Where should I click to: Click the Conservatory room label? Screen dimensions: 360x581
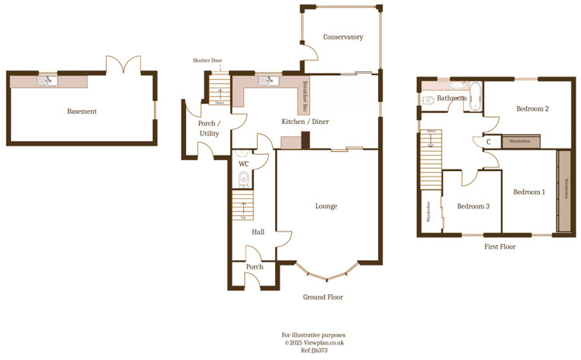pyautogui.click(x=343, y=37)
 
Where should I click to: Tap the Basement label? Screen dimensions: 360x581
pyautogui.click(x=81, y=111)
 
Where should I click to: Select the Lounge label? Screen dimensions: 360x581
pyautogui.click(x=326, y=206)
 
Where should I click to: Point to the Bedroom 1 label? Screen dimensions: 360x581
pyautogui.click(x=530, y=192)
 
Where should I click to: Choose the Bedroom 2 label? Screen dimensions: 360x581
pyautogui.click(x=532, y=109)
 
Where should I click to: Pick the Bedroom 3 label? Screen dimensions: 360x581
pyautogui.click(x=473, y=206)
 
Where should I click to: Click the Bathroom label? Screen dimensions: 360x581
pyautogui.click(x=451, y=99)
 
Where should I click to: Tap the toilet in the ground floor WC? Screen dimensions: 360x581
pyautogui.click(x=244, y=179)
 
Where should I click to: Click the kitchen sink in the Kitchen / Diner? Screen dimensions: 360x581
pyautogui.click(x=268, y=80)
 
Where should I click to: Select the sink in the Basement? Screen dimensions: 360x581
pyautogui.click(x=51, y=80)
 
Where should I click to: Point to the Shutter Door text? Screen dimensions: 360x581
pyautogui.click(x=208, y=61)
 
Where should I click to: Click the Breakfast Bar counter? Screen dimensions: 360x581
pyautogui.click(x=304, y=97)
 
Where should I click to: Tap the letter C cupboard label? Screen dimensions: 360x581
pyautogui.click(x=489, y=142)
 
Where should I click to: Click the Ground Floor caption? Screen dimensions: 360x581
pyautogui.click(x=323, y=297)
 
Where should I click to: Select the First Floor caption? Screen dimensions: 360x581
pyautogui.click(x=500, y=247)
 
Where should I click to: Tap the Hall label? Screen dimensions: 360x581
pyautogui.click(x=258, y=231)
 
